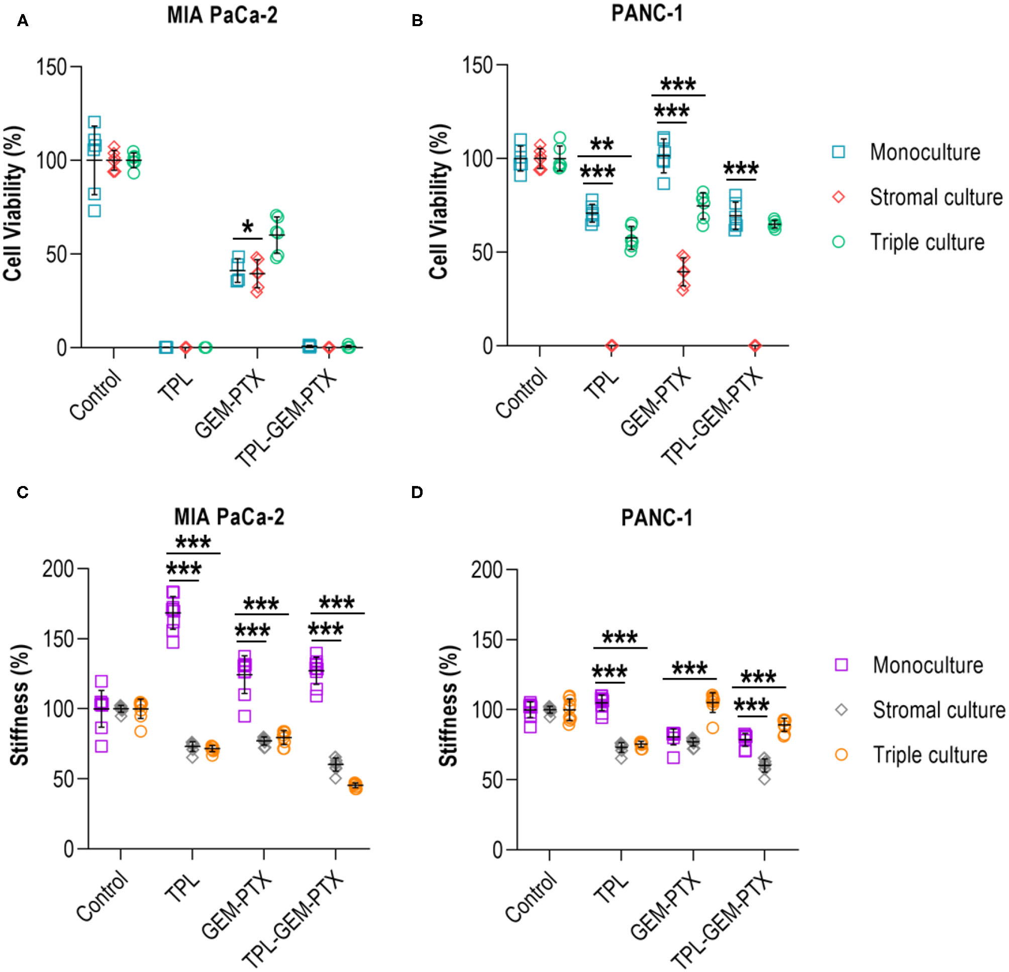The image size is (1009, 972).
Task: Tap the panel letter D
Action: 417,493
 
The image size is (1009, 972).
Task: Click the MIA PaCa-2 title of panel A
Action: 222,15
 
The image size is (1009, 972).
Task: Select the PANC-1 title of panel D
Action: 656,517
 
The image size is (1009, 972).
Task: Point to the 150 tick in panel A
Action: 51,67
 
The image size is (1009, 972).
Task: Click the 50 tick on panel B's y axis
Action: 482,252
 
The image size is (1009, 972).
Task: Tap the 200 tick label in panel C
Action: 58,569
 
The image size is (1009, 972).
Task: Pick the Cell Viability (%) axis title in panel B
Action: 439,202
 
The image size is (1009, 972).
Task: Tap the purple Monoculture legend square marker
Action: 841,665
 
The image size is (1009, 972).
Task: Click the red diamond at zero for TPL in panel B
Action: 612,345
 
